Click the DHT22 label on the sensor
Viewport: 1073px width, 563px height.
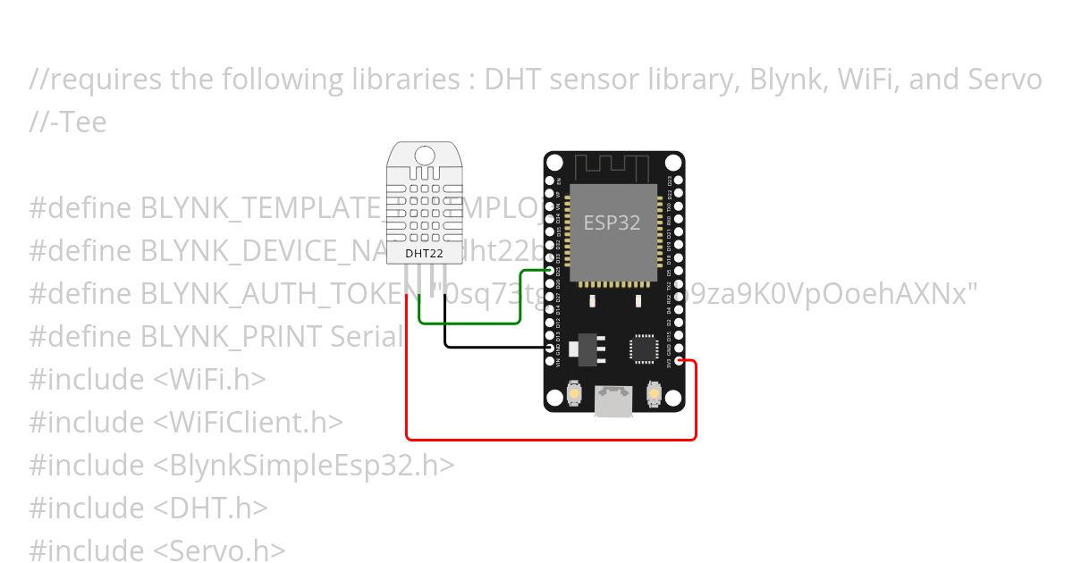point(424,253)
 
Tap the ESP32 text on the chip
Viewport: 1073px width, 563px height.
point(613,223)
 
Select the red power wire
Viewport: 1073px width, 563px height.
point(551,440)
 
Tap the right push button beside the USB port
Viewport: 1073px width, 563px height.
point(654,391)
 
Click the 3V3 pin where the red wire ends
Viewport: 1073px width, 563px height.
point(680,361)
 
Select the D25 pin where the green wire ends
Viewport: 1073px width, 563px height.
point(549,269)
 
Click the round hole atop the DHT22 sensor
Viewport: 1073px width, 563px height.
point(424,155)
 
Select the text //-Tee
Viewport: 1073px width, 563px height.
point(67,122)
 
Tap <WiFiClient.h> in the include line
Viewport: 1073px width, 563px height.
point(248,422)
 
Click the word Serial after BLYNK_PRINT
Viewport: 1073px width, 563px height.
point(367,336)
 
